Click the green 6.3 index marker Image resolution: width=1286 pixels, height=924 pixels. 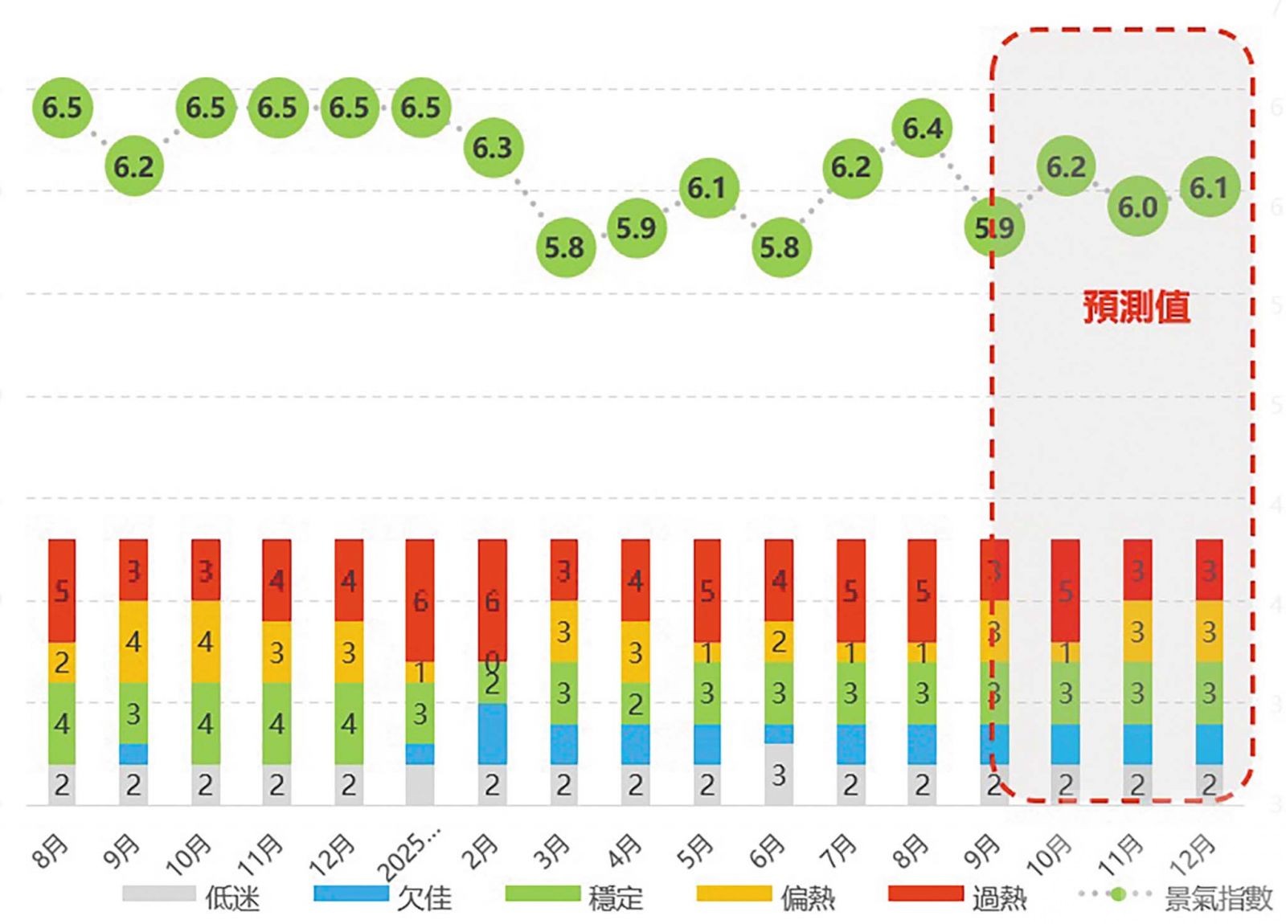click(492, 148)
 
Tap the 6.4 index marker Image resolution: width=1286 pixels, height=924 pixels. click(922, 128)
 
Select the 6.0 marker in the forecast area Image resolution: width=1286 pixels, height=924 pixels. click(1137, 207)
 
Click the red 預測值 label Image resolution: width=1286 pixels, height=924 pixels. click(1136, 307)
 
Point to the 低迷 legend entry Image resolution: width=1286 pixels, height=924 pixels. click(193, 896)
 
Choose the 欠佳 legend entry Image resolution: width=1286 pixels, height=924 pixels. click(383, 896)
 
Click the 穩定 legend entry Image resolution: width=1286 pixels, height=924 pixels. click(575, 896)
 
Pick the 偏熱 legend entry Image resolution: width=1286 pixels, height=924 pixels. click(767, 896)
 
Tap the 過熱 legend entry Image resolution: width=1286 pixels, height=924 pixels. click(958, 896)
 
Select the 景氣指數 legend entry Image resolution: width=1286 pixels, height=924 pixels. click(1177, 896)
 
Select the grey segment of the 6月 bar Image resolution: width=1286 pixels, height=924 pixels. click(779, 774)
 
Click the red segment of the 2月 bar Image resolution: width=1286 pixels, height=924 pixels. click(492, 599)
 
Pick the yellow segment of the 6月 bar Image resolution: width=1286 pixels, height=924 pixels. click(779, 641)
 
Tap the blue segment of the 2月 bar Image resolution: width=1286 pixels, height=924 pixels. click(492, 733)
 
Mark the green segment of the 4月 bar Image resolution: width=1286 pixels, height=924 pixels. click(635, 703)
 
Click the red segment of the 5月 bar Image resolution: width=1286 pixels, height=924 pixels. click(707, 591)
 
